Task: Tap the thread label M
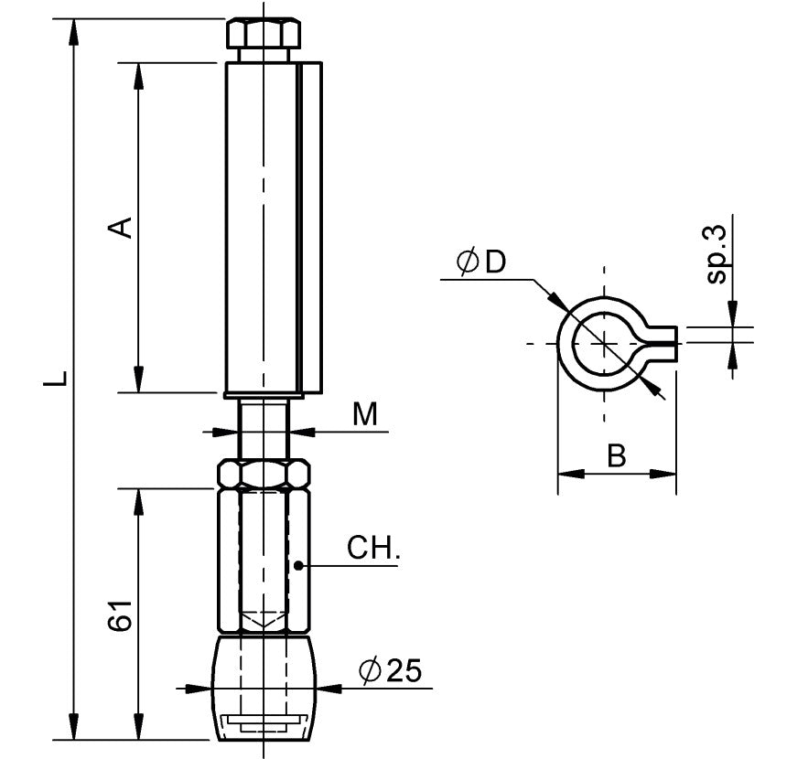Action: (x=365, y=415)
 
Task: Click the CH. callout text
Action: (x=373, y=550)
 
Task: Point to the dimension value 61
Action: (x=122, y=617)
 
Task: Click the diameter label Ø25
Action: (x=391, y=672)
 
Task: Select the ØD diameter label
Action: (x=481, y=262)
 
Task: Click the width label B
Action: (x=617, y=455)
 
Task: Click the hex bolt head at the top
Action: (x=263, y=37)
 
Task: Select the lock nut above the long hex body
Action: (x=263, y=474)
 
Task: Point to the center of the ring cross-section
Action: (x=603, y=343)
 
